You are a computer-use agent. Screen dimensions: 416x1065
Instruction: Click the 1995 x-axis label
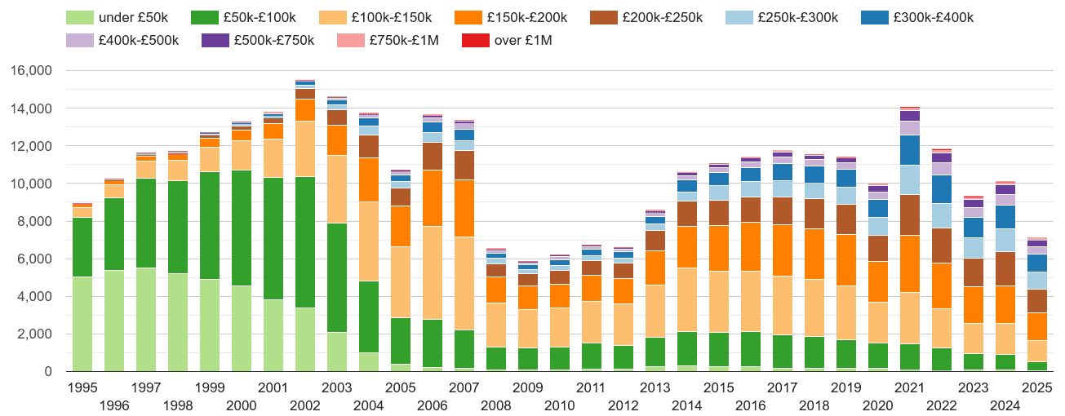pos(82,387)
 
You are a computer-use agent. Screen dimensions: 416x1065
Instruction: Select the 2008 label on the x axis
pos(497,405)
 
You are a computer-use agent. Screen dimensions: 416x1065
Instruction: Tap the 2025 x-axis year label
pos(1036,387)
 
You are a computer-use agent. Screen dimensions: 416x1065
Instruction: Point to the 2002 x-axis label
pos(305,405)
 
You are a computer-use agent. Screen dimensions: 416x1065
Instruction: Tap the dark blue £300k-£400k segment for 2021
pos(910,150)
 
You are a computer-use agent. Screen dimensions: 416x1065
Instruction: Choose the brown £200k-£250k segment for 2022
pos(942,245)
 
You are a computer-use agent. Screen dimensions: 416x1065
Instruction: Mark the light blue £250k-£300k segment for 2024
pos(1005,240)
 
